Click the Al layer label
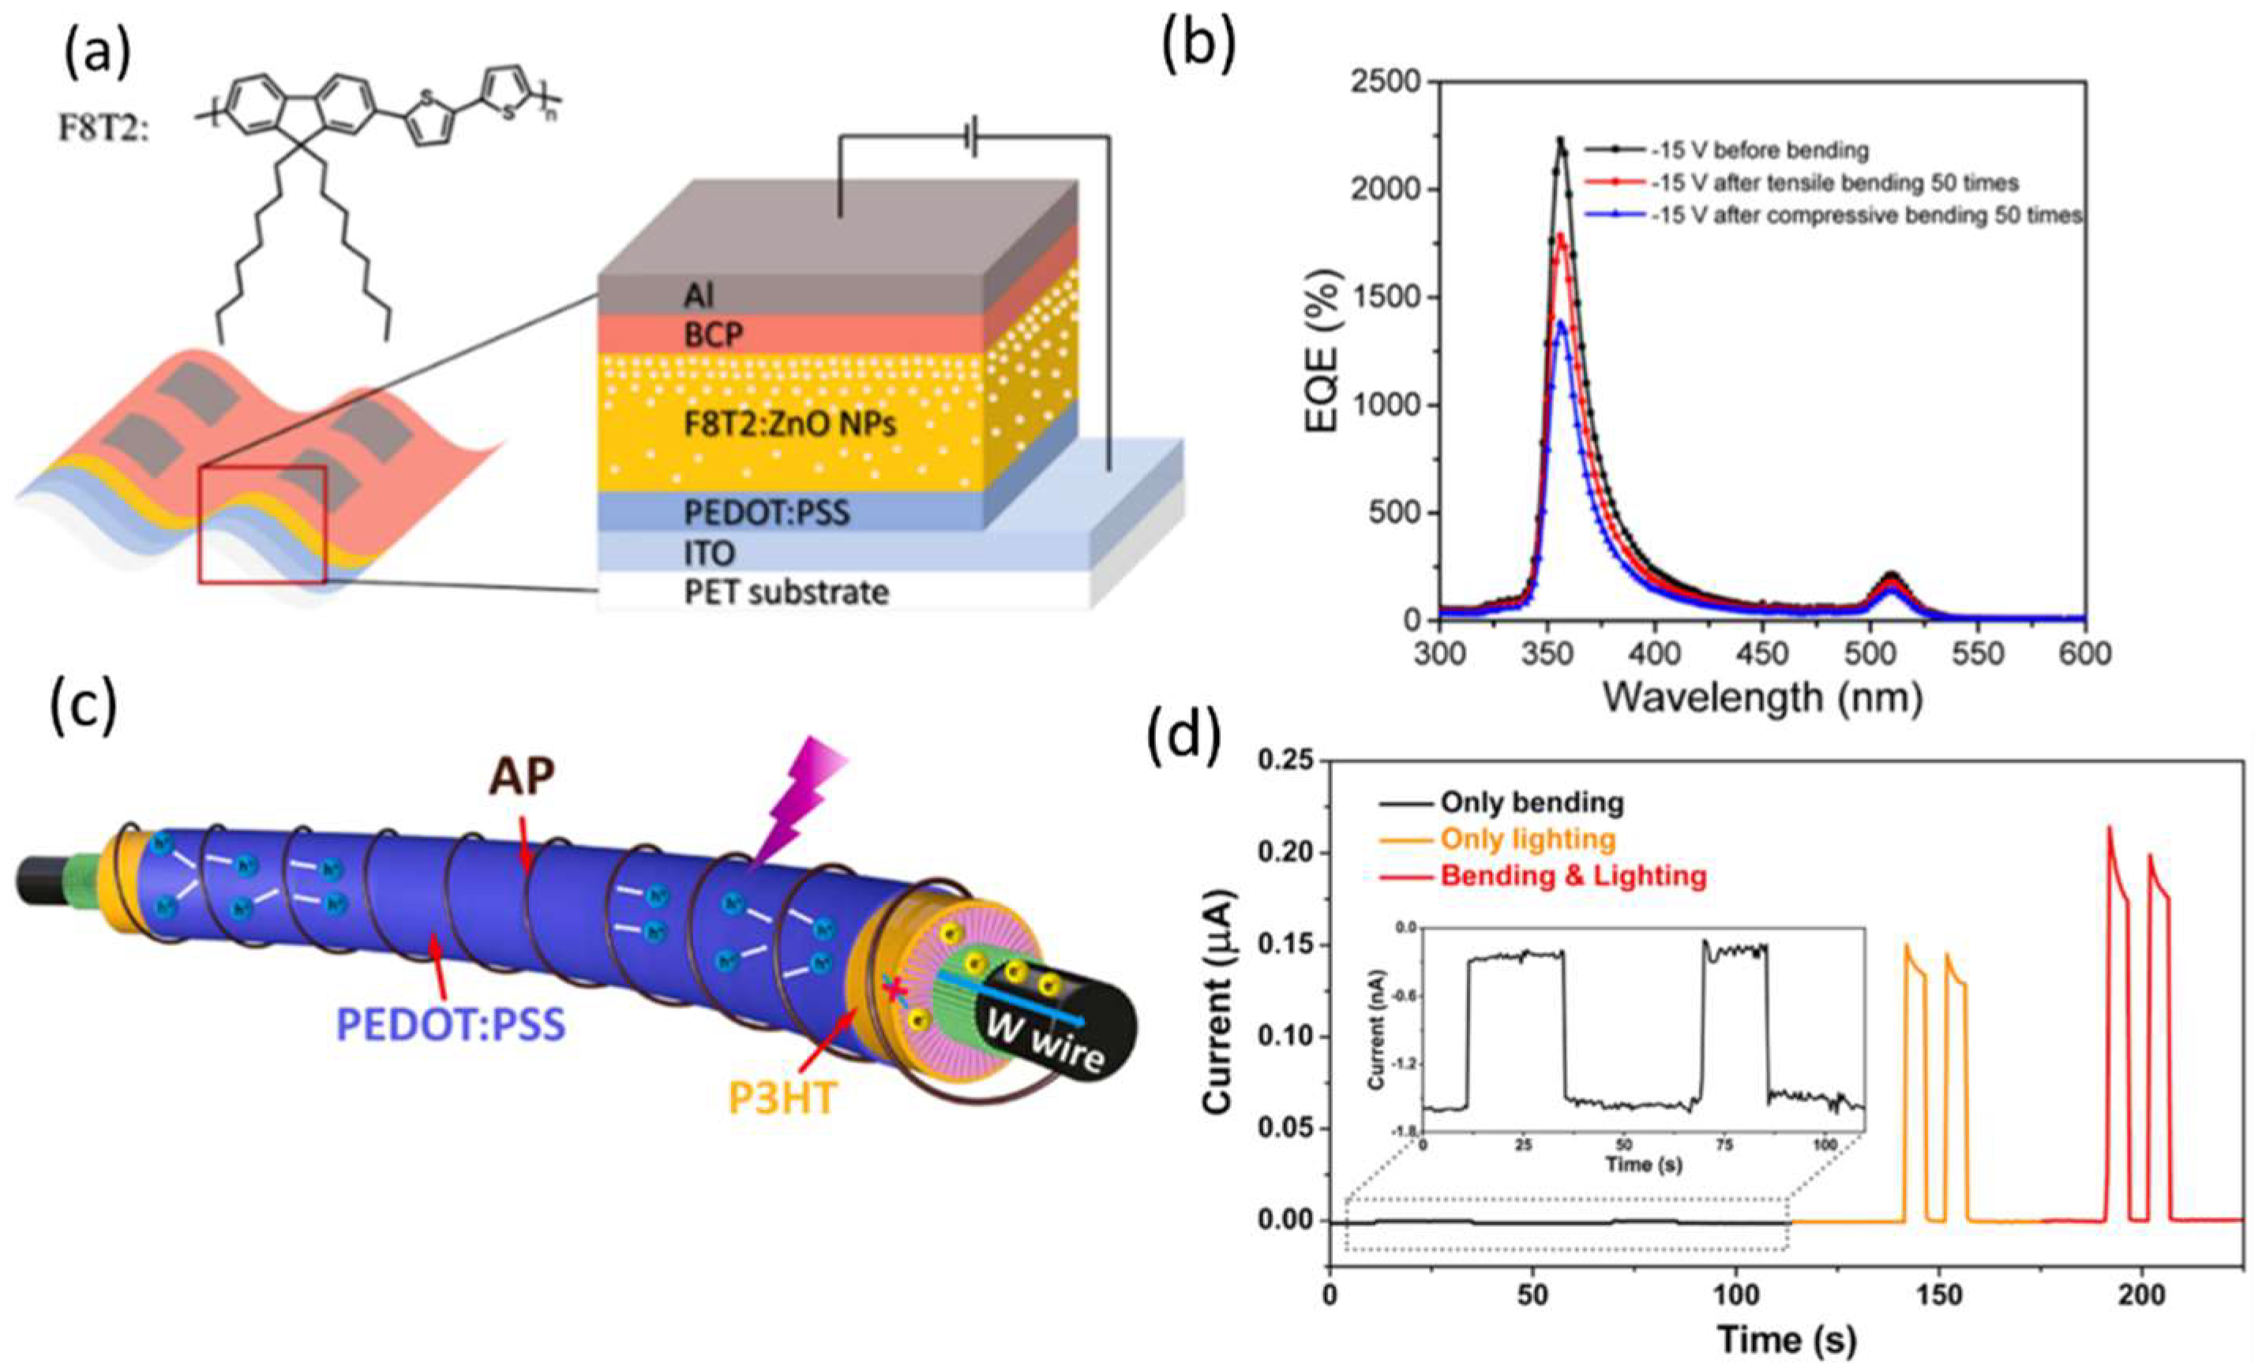tap(700, 295)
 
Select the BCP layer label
tap(714, 336)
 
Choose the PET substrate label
tap(786, 593)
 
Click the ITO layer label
tap(709, 552)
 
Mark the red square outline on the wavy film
tap(262, 524)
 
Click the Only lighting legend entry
tap(1528, 839)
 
